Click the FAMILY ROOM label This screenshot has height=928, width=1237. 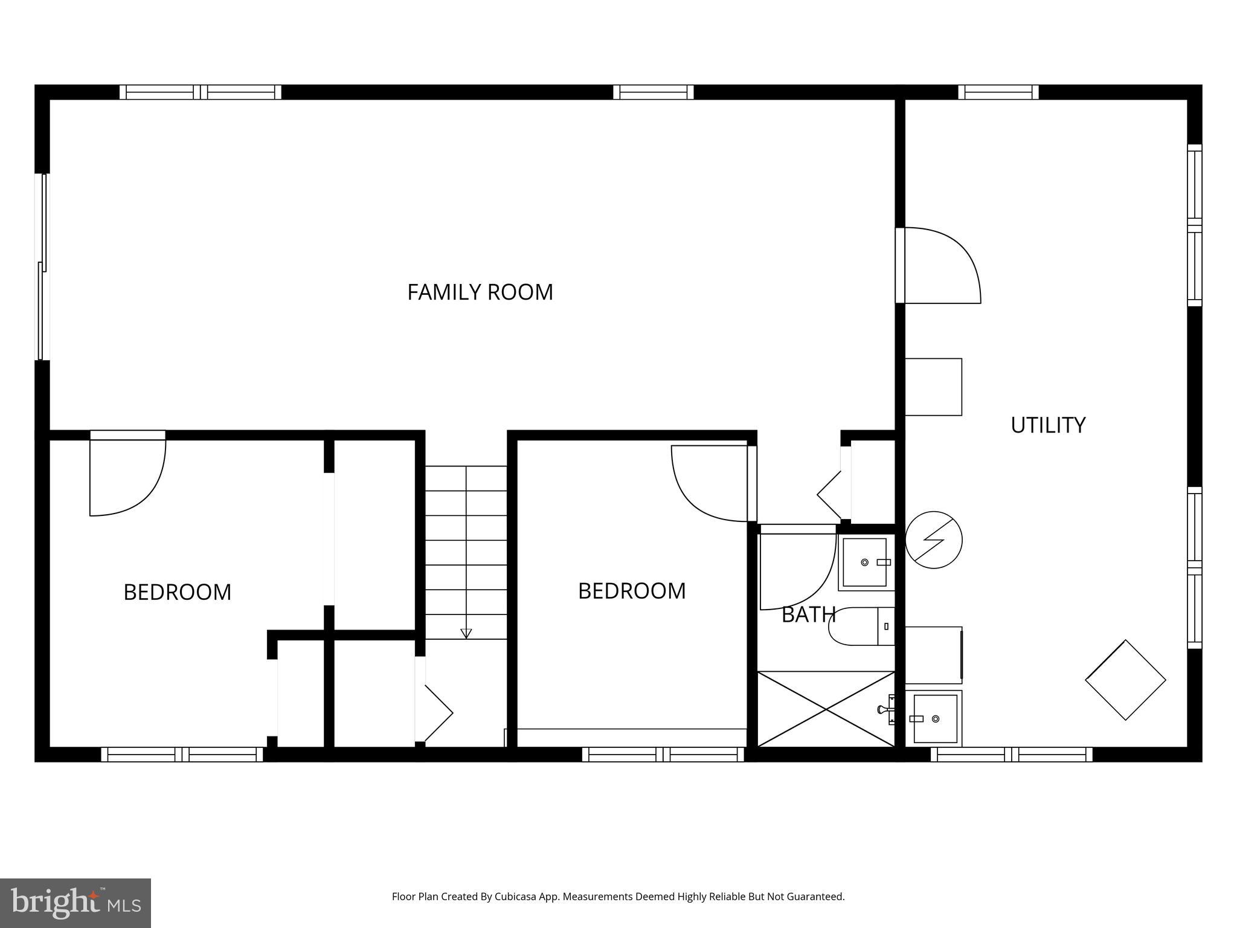pos(480,292)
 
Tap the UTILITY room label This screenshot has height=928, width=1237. pos(1048,425)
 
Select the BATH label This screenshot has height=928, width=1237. pos(808,615)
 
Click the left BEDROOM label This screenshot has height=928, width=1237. pos(177,592)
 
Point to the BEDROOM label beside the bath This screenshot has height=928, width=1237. pos(632,591)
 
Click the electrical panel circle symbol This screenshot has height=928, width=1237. pos(934,540)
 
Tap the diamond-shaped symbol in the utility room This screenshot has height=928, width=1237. pos(1125,680)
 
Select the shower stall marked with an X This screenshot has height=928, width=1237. pos(826,709)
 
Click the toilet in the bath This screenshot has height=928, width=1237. pos(861,627)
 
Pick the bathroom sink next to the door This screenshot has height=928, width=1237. pos(865,562)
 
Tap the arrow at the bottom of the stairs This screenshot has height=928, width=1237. pos(466,633)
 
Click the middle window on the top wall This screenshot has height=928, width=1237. pos(654,92)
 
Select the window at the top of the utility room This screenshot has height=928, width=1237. pos(998,92)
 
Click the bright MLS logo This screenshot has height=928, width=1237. pos(76,903)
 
